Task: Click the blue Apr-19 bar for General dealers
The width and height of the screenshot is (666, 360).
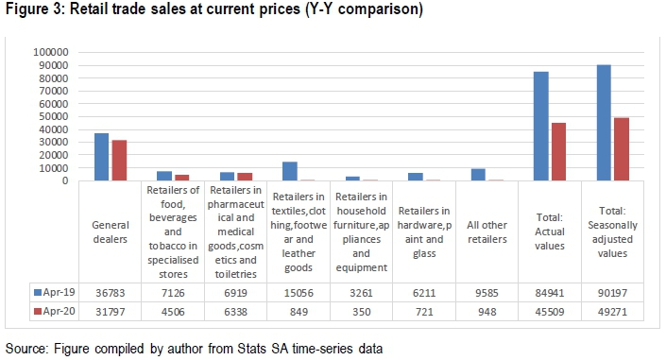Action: pos(101,157)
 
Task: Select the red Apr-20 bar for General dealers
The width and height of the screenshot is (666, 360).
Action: pos(119,161)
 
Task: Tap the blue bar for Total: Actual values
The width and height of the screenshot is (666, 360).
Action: pos(541,127)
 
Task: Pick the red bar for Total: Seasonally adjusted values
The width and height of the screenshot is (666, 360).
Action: pos(622,149)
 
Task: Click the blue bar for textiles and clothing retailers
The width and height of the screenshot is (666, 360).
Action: pos(290,171)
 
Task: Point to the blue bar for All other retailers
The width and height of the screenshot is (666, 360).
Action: pos(478,175)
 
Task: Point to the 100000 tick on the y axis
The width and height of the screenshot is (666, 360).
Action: pos(51,52)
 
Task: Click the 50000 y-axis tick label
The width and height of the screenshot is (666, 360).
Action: pos(54,116)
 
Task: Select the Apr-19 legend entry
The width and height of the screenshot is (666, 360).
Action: pos(55,292)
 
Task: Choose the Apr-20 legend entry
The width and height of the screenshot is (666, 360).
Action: pos(55,311)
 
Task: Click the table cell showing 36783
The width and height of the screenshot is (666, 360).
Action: pos(110,293)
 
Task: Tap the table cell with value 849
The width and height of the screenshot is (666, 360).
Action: pos(299,312)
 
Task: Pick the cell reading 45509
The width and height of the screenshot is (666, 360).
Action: pos(550,312)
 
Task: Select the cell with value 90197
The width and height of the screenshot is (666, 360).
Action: pos(612,293)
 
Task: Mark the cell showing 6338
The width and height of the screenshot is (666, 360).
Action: pos(236,312)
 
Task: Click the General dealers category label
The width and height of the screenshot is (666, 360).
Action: pos(110,232)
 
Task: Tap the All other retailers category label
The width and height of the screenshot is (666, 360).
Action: pos(487,232)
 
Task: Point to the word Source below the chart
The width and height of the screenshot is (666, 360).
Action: pos(26,349)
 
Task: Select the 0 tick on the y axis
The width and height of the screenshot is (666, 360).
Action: pos(65,181)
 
